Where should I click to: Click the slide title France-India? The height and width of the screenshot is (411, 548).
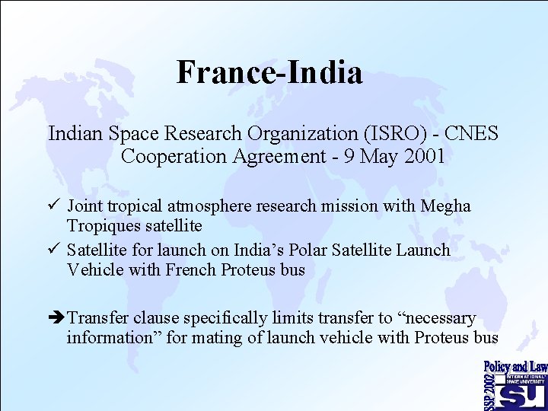click(269, 73)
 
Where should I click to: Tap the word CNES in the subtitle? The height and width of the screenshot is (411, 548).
click(471, 134)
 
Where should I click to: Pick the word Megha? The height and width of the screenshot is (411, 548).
click(447, 206)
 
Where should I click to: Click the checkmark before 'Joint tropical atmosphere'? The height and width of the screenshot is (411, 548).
click(54, 206)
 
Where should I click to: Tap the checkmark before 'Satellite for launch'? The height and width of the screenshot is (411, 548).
click(54, 250)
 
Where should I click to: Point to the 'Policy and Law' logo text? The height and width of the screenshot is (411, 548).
click(515, 367)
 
